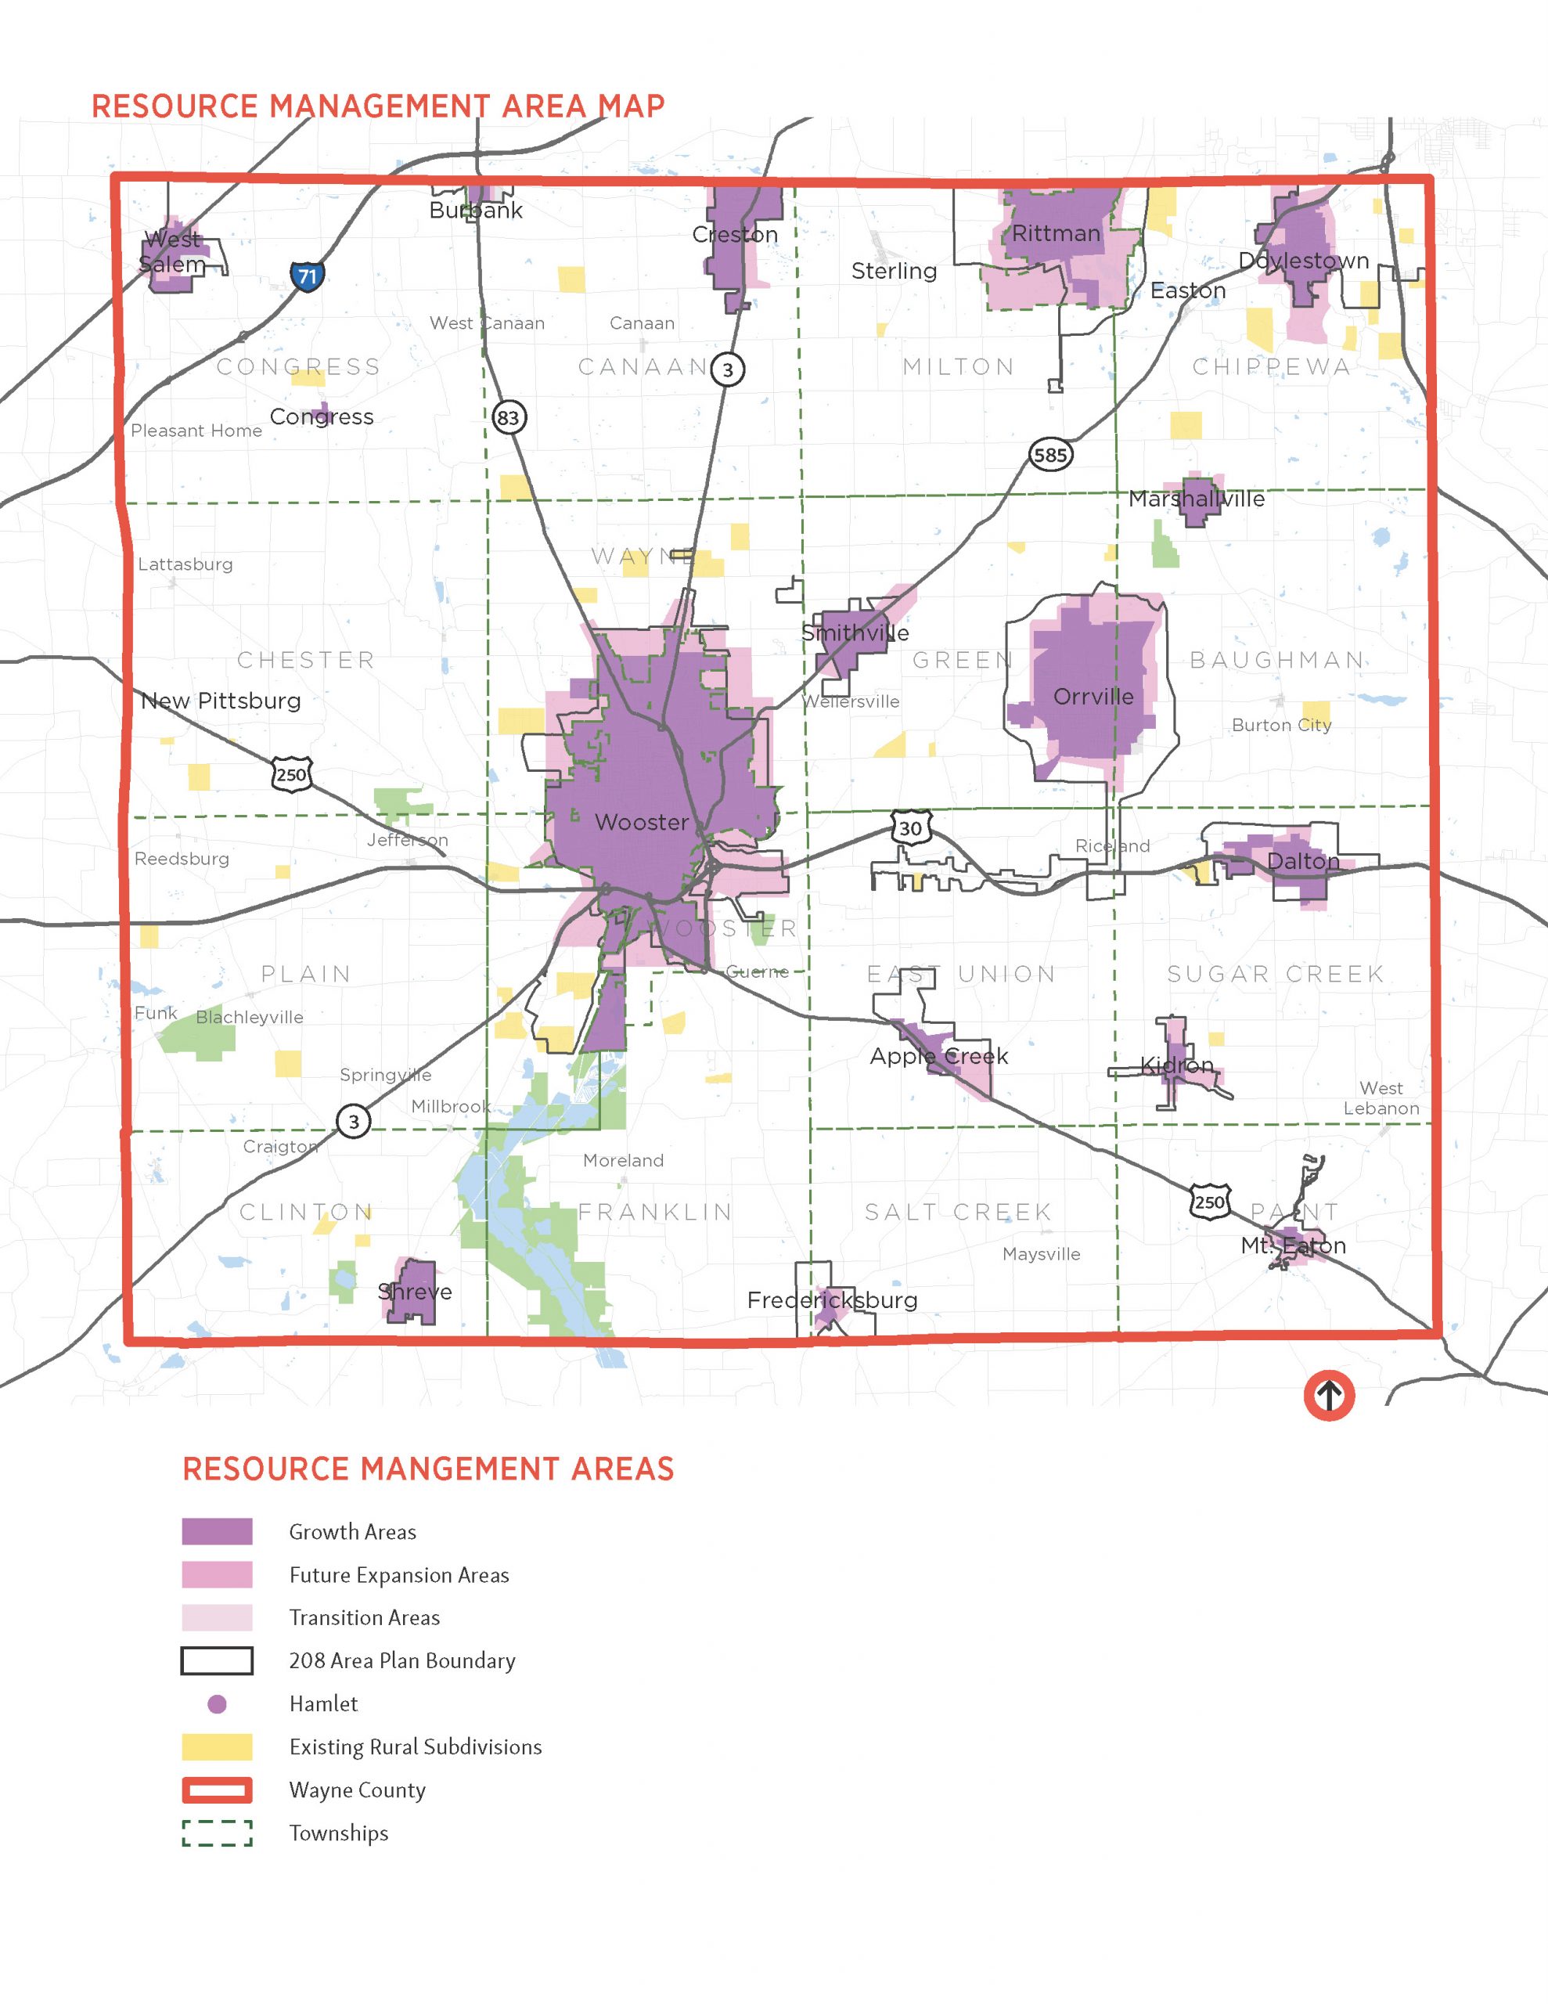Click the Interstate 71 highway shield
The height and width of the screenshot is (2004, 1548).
[308, 276]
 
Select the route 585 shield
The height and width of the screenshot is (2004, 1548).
[1049, 455]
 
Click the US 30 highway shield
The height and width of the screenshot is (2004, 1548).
[910, 828]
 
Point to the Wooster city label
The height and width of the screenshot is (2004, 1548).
[642, 822]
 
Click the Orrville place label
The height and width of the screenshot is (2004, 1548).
[1093, 697]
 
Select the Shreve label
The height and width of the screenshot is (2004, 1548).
[415, 1292]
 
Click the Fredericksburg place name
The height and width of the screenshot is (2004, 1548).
[831, 1300]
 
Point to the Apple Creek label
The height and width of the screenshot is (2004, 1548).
[938, 1056]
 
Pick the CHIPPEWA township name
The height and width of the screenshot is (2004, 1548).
[1271, 367]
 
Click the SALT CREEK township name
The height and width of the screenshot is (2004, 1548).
[958, 1212]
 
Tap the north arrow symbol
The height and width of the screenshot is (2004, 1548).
[1329, 1396]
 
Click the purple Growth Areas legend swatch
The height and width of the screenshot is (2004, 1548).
[217, 1531]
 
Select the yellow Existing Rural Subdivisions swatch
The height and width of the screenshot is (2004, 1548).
[217, 1746]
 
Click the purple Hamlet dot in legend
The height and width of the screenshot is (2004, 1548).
[218, 1704]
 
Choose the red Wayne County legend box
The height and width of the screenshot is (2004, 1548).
[217, 1790]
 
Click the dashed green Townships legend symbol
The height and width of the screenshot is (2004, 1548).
[217, 1833]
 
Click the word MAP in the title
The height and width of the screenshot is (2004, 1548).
[632, 106]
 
